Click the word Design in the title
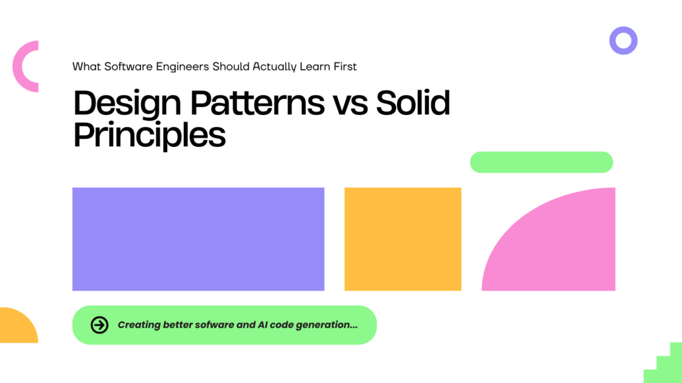pos(127,103)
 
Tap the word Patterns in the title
pos(258,102)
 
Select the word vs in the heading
pos(350,106)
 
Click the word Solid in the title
pos(413,102)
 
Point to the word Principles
pos(150,136)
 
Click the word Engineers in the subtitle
pos(182,67)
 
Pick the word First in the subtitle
pos(345,66)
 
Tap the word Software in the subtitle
pos(129,66)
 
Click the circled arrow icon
pos(100,324)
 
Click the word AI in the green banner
pos(262,324)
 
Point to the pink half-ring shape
pos(16,66)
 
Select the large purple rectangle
pos(198,239)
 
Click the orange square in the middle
pos(403,239)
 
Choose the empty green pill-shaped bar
pos(541,162)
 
